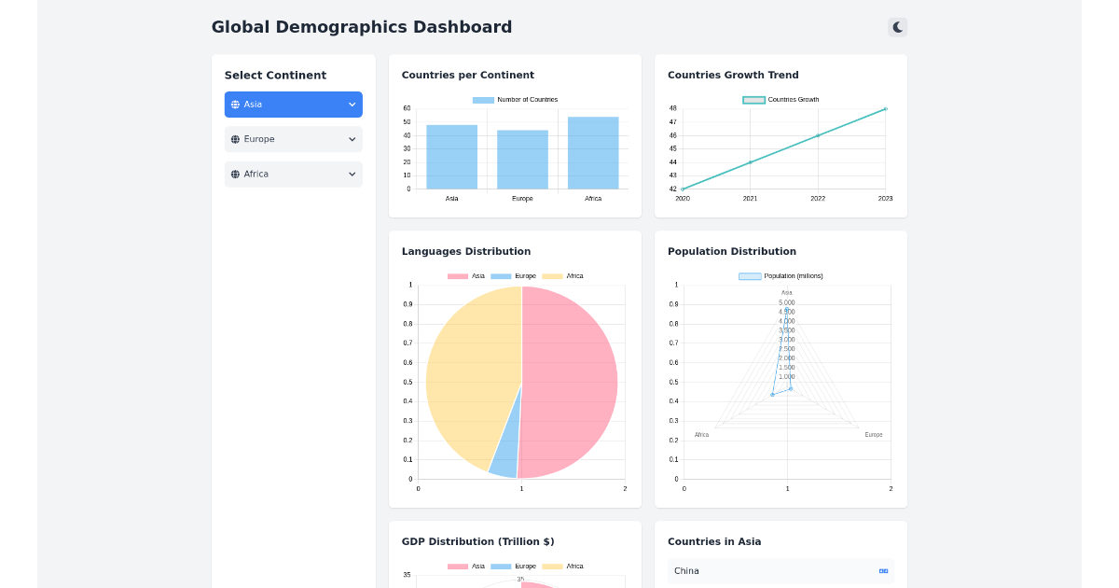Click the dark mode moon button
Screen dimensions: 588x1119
click(897, 27)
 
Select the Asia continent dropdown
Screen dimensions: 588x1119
click(293, 105)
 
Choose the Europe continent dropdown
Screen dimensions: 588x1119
click(293, 139)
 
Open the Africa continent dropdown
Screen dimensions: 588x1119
click(293, 175)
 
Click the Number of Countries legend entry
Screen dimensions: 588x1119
click(516, 100)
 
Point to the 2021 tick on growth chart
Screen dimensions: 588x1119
click(750, 198)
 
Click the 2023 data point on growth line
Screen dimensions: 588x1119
click(885, 109)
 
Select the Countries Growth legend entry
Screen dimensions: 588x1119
click(781, 100)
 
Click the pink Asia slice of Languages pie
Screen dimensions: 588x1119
click(569, 383)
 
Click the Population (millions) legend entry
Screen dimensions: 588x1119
click(781, 276)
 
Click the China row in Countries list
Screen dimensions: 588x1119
click(781, 571)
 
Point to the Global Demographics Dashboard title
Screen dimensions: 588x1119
click(362, 27)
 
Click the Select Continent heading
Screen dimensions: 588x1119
click(275, 76)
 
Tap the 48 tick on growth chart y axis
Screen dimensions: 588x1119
click(672, 108)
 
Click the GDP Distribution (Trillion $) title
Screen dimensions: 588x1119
click(477, 541)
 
